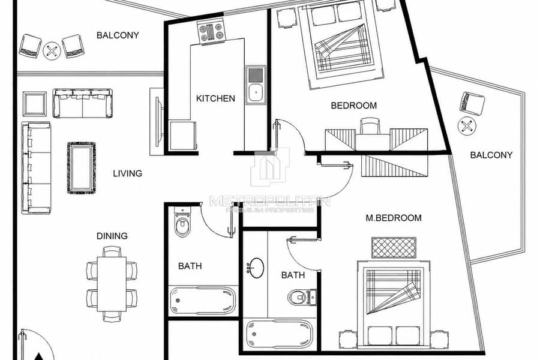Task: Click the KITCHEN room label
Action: pyautogui.click(x=215, y=98)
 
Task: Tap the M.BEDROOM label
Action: pyautogui.click(x=393, y=218)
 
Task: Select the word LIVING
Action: pyautogui.click(x=127, y=173)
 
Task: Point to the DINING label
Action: pyautogui.click(x=112, y=236)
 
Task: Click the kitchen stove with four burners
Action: pyautogui.click(x=211, y=32)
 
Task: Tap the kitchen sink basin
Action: pyautogui.click(x=256, y=92)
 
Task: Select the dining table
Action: pyautogui.click(x=112, y=284)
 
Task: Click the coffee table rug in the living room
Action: pyautogui.click(x=81, y=168)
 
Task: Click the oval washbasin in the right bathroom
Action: pyautogui.click(x=256, y=268)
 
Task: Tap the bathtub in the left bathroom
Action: pyautogui.click(x=203, y=301)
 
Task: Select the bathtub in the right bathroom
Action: pyautogui.click(x=280, y=334)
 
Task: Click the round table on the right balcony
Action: pyautogui.click(x=467, y=127)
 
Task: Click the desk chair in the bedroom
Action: pyautogui.click(x=370, y=126)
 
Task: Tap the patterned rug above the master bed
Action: pyautogui.click(x=394, y=247)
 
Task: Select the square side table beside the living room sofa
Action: pyautogui.click(x=34, y=104)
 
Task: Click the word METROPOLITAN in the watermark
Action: pyautogui.click(x=270, y=201)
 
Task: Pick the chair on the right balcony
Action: pyautogui.click(x=472, y=103)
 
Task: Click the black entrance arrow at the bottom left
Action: pyautogui.click(x=39, y=356)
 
